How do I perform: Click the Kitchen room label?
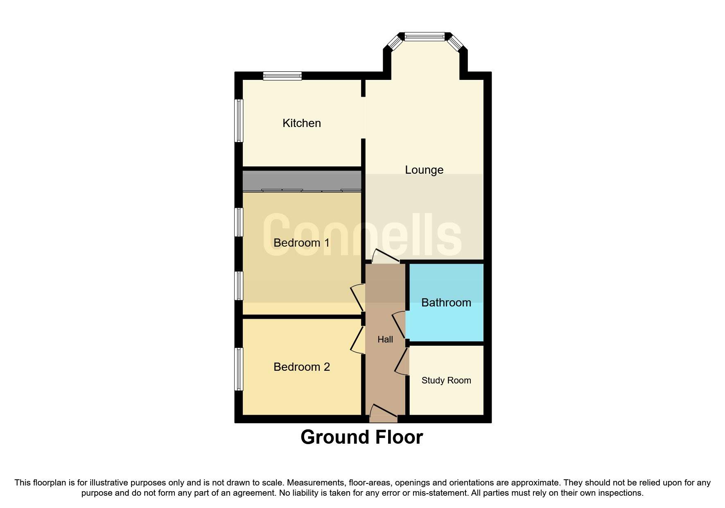tap(301, 123)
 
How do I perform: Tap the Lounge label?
tap(424, 170)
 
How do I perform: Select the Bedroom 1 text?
tap(301, 243)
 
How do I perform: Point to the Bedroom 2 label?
tap(301, 367)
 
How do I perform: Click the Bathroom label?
tap(446, 302)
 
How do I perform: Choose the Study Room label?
tap(446, 380)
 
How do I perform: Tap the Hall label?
tap(385, 339)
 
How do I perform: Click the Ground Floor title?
tap(361, 437)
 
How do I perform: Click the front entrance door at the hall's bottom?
tap(383, 414)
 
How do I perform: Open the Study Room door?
tap(402, 361)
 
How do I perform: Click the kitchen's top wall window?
tap(282, 76)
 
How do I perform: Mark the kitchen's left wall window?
tap(239, 120)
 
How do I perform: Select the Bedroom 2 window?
tap(239, 369)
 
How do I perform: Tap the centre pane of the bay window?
tap(425, 37)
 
